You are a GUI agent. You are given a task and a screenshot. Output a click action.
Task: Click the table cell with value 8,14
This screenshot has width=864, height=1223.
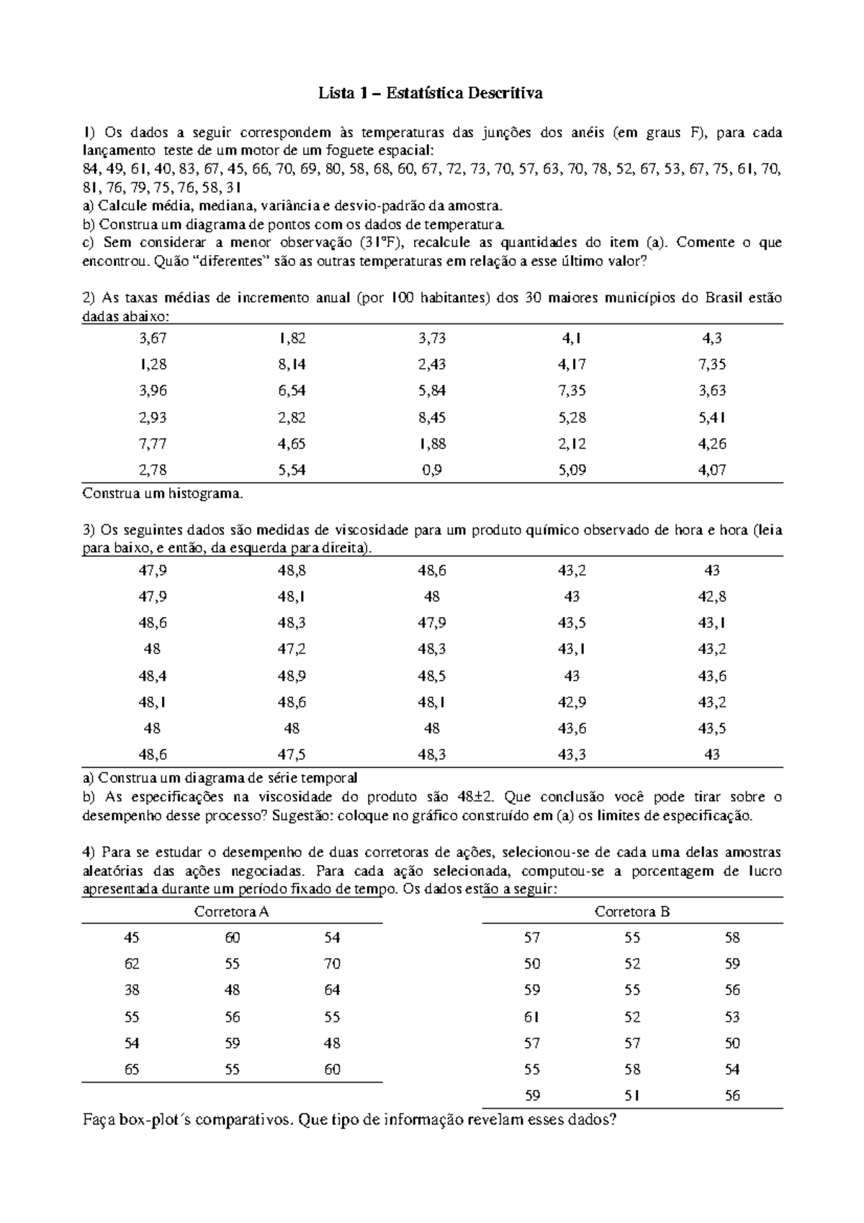pos(292,364)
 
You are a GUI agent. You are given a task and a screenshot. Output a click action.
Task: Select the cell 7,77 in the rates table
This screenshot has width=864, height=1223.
pos(152,444)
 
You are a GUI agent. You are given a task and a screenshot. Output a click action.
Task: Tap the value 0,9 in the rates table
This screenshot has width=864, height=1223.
pos(432,470)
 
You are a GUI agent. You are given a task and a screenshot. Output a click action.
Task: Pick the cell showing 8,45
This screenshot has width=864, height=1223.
pos(432,417)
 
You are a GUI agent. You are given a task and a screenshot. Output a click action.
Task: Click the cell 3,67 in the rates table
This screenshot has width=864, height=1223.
pos(152,338)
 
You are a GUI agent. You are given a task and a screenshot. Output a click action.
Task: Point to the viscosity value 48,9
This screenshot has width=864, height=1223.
pos(292,676)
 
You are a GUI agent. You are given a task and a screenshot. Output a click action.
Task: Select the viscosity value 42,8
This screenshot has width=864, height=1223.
pos(711,596)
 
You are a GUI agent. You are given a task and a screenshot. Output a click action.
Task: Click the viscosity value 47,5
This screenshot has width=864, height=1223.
pos(292,755)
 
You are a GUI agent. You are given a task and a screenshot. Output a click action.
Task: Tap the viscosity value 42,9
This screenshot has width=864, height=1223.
pos(572,702)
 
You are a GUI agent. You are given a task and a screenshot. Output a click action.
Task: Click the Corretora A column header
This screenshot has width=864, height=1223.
pos(232,912)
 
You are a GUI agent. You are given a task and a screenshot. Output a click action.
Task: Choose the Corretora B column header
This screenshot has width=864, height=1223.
pos(632,912)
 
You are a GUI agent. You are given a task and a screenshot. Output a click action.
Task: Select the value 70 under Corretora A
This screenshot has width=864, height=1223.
pos(332,964)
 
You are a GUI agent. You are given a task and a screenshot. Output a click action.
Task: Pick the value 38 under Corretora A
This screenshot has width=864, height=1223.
pos(132,990)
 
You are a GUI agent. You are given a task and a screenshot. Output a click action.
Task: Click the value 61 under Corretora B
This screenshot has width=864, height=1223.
pos(532,1017)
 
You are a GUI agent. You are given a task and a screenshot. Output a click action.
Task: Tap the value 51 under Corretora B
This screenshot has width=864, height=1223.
pos(632,1096)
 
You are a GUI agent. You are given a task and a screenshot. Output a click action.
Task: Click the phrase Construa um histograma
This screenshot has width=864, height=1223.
pos(163,494)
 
